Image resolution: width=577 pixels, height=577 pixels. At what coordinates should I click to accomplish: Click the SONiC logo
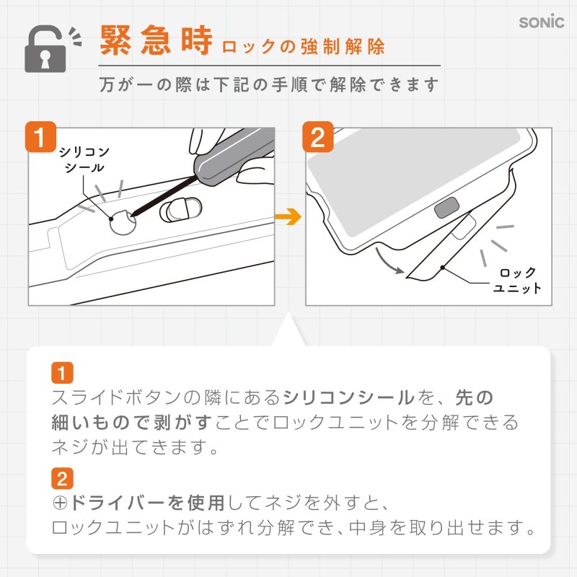click(541, 22)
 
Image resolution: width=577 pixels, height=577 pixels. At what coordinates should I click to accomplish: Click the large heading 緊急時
click(155, 42)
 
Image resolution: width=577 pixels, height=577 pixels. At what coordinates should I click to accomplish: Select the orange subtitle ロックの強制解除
click(303, 48)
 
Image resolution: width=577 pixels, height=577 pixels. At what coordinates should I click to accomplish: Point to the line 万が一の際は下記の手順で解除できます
click(269, 84)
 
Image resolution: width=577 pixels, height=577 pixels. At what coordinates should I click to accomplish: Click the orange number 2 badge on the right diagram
click(317, 137)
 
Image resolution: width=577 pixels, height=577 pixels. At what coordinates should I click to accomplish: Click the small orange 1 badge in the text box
click(62, 374)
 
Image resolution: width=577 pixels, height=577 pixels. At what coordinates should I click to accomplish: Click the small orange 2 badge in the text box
click(62, 477)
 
